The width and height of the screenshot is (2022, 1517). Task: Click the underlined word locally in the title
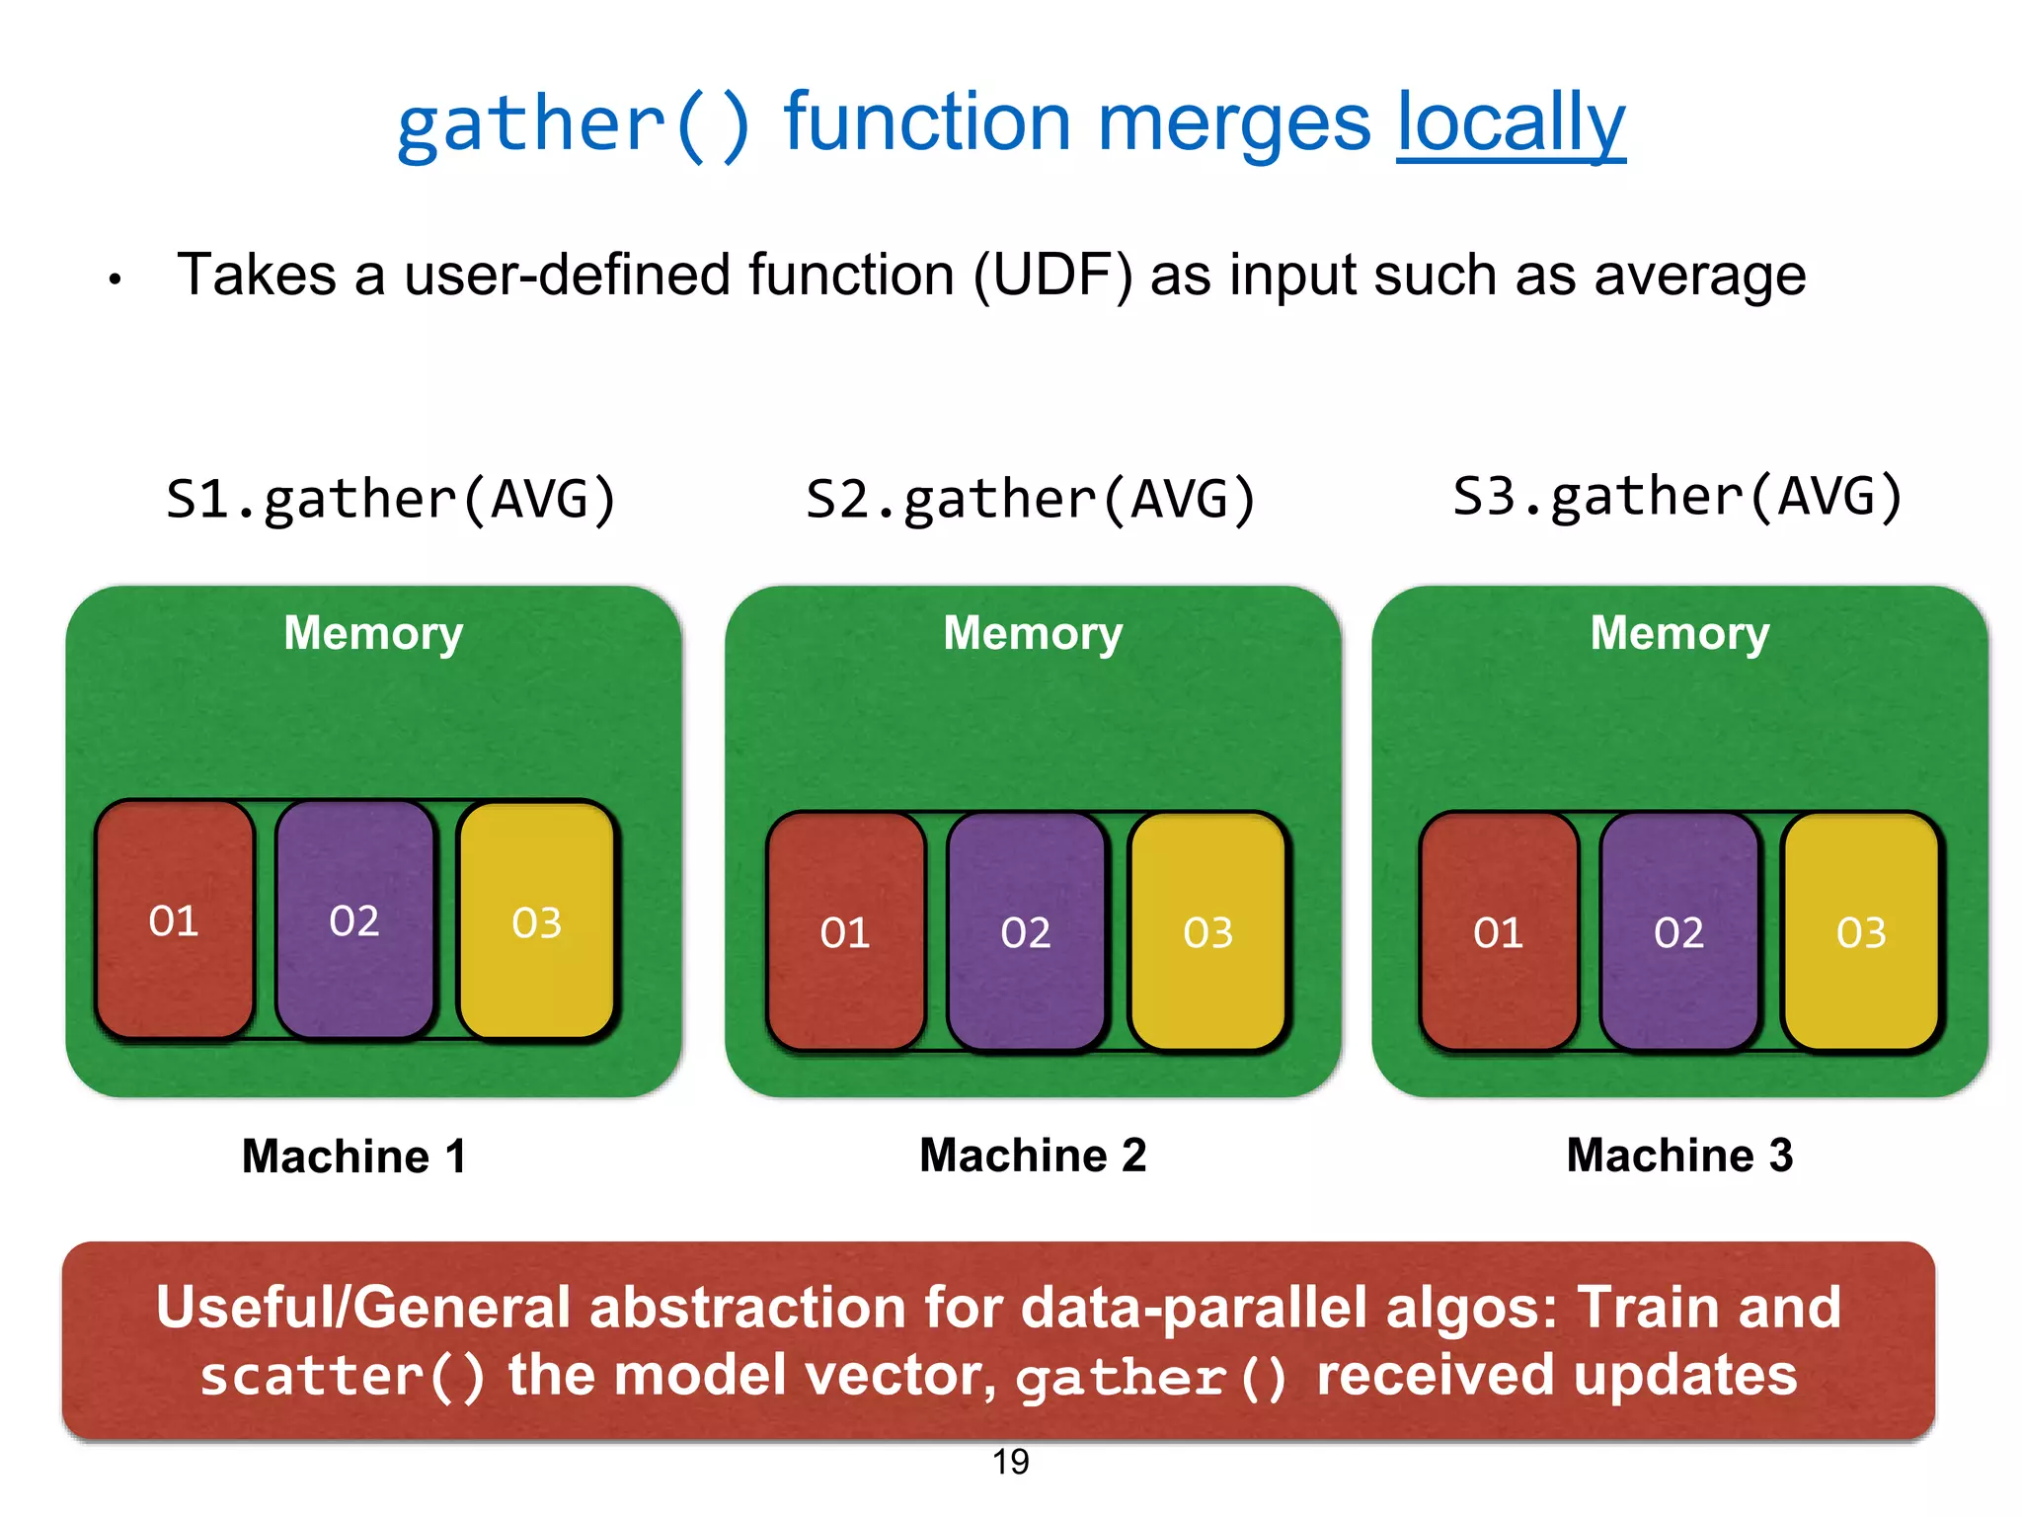point(1510,124)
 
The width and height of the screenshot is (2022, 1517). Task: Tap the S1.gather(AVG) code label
point(391,499)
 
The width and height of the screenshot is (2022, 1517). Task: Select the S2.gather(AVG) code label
point(1031,499)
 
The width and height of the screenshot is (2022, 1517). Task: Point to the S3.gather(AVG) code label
point(1677,496)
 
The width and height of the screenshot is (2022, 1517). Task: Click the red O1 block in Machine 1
point(175,919)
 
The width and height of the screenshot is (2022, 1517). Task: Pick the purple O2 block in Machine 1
point(354,919)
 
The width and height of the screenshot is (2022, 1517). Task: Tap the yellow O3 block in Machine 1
point(537,921)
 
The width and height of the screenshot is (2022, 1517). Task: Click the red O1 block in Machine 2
point(846,931)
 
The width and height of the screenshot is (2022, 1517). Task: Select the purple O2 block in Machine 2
point(1026,931)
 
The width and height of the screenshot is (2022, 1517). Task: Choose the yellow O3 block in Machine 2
point(1208,931)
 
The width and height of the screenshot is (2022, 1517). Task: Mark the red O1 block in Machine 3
point(1499,931)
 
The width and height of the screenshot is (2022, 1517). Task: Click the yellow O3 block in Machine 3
point(1861,931)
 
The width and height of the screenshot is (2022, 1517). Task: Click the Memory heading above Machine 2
point(1033,632)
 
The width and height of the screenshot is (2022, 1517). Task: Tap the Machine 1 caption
point(353,1156)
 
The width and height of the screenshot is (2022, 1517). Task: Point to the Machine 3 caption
point(1679,1155)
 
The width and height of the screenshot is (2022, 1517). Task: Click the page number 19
point(1010,1462)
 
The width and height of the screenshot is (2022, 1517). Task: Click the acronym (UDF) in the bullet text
point(1052,275)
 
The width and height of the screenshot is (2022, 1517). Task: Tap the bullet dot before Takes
point(116,279)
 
